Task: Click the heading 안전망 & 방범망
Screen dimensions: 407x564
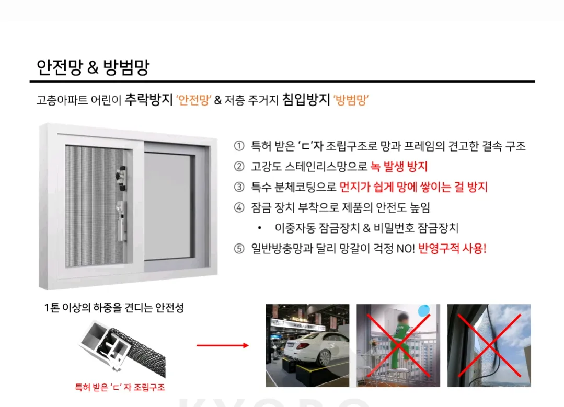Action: (94, 68)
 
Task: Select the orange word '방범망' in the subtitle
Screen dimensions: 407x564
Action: (351, 100)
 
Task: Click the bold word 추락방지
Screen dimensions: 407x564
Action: (148, 100)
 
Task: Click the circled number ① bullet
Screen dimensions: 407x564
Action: (239, 146)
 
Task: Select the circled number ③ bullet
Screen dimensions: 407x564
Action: (239, 187)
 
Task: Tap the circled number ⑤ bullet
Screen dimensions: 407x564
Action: (239, 249)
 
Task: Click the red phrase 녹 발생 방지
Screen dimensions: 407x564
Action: (399, 167)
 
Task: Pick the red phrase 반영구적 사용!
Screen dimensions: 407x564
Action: (452, 249)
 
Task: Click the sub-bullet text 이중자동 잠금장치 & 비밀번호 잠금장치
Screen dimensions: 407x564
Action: (366, 228)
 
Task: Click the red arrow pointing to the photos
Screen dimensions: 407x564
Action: (222, 345)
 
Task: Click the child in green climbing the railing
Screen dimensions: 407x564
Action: (399, 340)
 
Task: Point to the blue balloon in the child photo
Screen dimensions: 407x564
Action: (424, 310)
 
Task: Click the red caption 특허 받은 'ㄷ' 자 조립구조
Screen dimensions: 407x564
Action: (120, 388)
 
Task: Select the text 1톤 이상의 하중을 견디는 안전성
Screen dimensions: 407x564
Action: (114, 308)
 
